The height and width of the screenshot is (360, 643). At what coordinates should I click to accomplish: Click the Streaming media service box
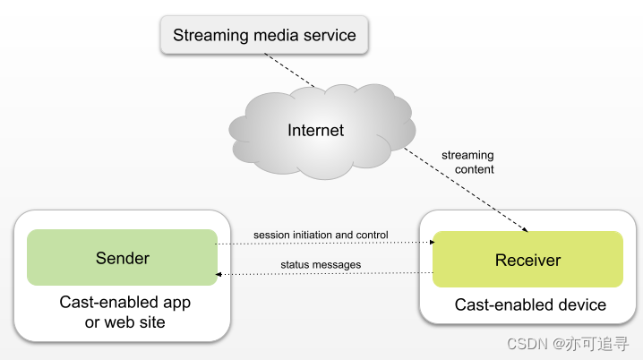264,37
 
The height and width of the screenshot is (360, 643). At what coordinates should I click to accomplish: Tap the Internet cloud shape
315,131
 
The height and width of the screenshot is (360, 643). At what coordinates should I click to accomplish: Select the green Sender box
123,258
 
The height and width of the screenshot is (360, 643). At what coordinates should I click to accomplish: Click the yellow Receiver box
527,260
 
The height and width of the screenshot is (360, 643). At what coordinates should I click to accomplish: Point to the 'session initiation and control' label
321,235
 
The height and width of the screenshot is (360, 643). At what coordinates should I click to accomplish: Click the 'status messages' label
321,264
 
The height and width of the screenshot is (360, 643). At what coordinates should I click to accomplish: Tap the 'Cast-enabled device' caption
530,305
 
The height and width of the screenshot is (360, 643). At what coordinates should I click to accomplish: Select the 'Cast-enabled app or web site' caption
124,313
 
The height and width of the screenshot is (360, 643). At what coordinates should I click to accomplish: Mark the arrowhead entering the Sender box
220,273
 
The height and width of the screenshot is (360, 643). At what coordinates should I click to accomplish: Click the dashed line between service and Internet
293,71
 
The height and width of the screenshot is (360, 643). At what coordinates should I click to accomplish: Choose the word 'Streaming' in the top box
209,37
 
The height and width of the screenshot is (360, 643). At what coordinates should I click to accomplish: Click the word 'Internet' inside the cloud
315,131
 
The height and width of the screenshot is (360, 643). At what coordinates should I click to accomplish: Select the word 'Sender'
123,258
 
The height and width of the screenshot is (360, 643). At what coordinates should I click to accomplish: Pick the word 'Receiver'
527,261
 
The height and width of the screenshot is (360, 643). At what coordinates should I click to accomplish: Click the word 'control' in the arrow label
372,235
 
